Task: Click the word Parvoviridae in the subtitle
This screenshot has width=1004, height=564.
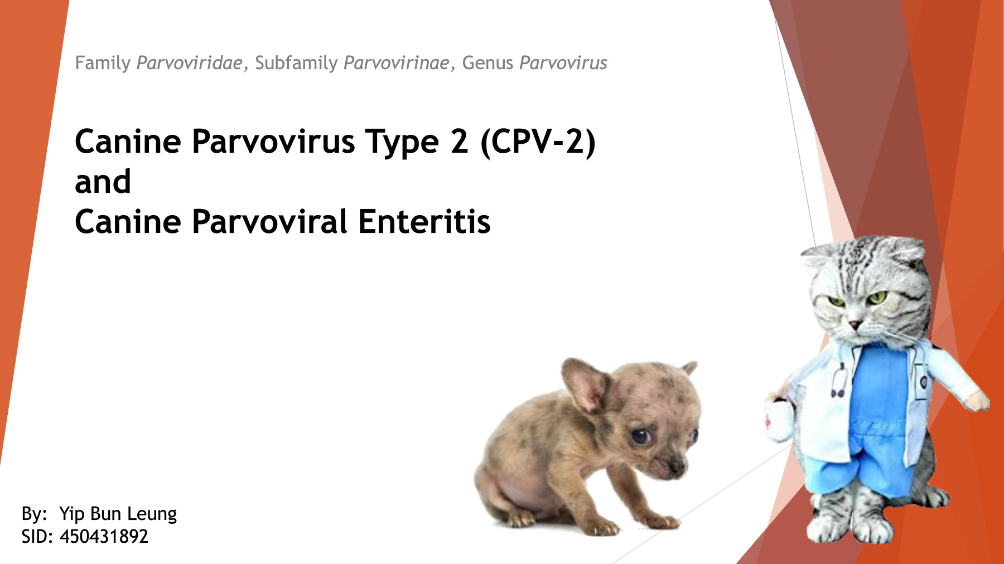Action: coord(190,63)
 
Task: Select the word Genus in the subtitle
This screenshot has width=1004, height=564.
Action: coord(487,63)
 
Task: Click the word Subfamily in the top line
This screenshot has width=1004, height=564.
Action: coord(296,63)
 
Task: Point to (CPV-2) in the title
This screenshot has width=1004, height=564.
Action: coord(538,142)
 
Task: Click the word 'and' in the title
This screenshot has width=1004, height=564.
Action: coord(103,182)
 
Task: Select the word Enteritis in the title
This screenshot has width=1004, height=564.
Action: coord(424,221)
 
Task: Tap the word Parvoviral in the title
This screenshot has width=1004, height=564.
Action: coord(270,221)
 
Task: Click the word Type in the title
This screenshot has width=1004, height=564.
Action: coord(402,142)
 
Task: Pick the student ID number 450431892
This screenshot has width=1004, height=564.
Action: coord(104,536)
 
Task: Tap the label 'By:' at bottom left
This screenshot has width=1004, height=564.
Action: coord(34,514)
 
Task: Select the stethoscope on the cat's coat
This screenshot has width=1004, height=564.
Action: coord(837,379)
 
